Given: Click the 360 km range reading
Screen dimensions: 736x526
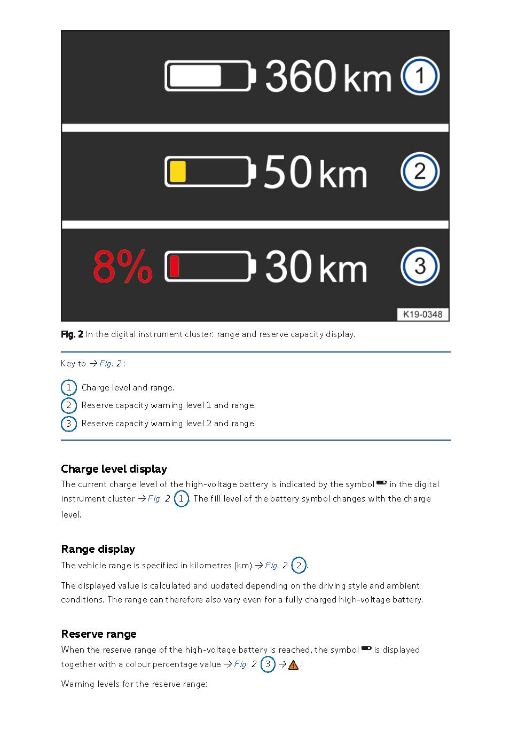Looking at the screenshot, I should pos(328,76).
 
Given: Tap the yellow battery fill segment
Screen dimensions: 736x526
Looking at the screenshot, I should pos(177,171).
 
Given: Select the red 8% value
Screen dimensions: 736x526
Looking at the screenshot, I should pos(122,267).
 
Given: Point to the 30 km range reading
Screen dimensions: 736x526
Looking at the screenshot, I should pos(316,267).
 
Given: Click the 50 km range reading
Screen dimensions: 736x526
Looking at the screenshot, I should pos(315,171).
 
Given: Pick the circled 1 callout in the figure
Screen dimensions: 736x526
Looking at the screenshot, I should pos(420,76).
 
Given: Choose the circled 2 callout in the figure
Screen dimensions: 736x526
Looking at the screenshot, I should pos(420,171).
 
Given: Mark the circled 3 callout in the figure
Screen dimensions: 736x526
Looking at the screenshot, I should pos(420,266).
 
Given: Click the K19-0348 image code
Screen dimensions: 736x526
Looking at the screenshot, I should pos(422,314).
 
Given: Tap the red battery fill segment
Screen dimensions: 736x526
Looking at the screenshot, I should pos(174,267).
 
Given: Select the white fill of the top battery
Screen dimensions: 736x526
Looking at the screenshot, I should pos(195,76).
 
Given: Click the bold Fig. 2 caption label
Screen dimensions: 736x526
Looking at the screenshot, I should pos(72,334).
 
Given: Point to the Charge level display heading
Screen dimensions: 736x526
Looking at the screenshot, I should pos(114,469).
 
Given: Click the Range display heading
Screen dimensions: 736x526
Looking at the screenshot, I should pos(98,549).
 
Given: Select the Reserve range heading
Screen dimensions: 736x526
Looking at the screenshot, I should pos(99,634).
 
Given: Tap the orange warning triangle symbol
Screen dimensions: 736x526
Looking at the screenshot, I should pos(293,665).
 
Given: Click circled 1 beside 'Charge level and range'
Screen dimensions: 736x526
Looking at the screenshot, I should pos(68,387).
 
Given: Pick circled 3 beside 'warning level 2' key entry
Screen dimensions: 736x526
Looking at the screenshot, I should pos(68,424).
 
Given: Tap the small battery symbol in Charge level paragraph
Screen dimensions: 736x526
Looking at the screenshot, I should pos(381,483).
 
